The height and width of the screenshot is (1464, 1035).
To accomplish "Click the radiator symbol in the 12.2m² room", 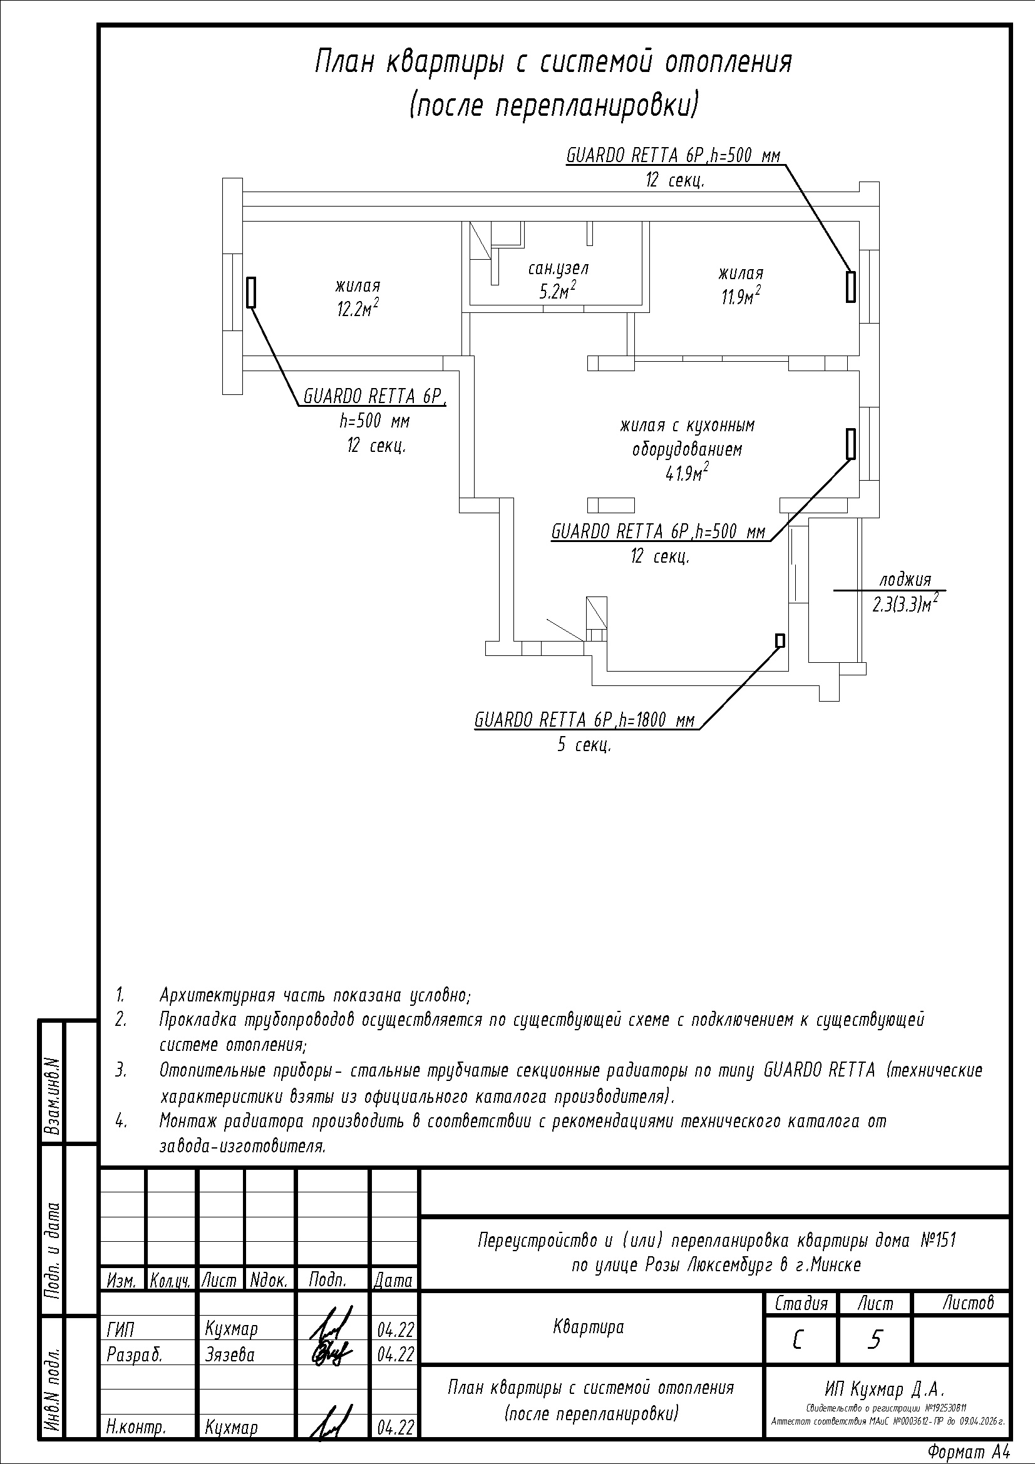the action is (251, 292).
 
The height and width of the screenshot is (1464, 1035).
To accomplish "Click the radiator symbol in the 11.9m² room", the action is (851, 286).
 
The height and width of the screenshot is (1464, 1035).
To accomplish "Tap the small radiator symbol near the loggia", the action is (780, 640).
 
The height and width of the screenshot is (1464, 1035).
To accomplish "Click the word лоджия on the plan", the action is (905, 580).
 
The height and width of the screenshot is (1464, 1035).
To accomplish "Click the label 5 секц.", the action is (584, 744).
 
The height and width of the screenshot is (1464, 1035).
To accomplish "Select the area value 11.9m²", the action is (741, 296).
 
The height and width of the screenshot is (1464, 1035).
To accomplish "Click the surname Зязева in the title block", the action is (230, 1354).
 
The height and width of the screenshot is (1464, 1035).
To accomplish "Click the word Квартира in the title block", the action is (589, 1328).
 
